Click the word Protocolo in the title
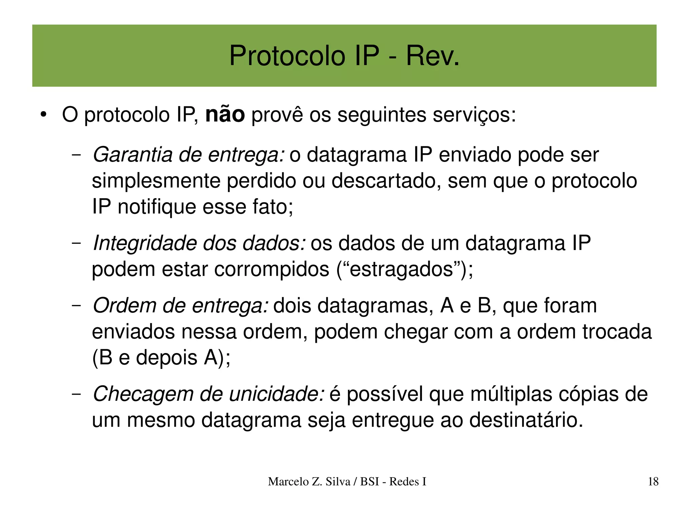[x=287, y=56]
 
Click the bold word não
[x=225, y=115]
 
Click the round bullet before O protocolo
[x=43, y=115]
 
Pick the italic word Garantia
[x=132, y=155]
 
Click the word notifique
[x=157, y=207]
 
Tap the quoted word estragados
[x=401, y=269]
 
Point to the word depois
[x=166, y=358]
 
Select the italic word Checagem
[x=143, y=394]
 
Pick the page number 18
[x=653, y=481]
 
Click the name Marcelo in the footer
[x=288, y=481]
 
